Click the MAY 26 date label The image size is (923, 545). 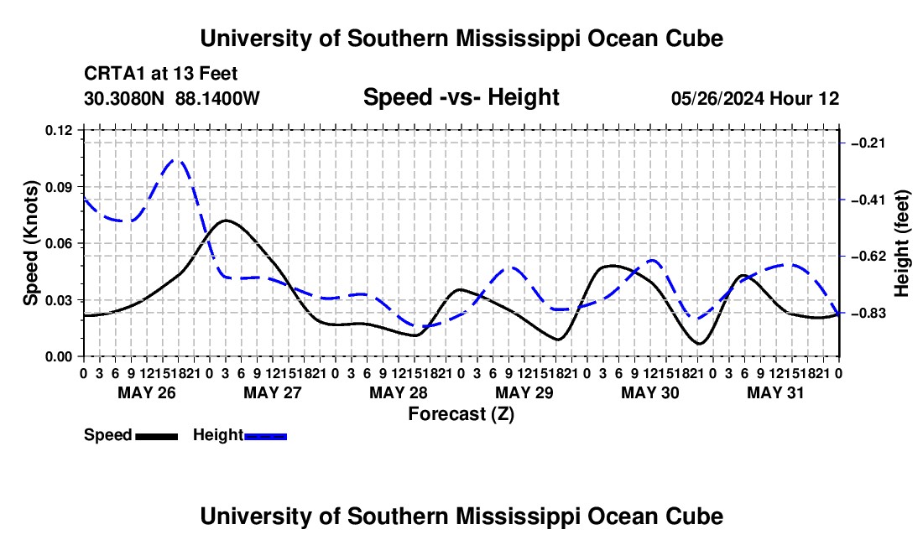coord(147,392)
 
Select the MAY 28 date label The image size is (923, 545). coord(399,392)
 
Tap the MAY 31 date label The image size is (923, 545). coord(775,392)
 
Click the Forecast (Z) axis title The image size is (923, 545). coord(461,414)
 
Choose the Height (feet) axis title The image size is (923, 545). coord(901,243)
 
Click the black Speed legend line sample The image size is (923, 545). coord(157,436)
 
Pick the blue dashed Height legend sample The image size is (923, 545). coord(265,436)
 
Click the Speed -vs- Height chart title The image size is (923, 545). coord(461,97)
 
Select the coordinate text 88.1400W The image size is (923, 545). coord(217,98)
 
